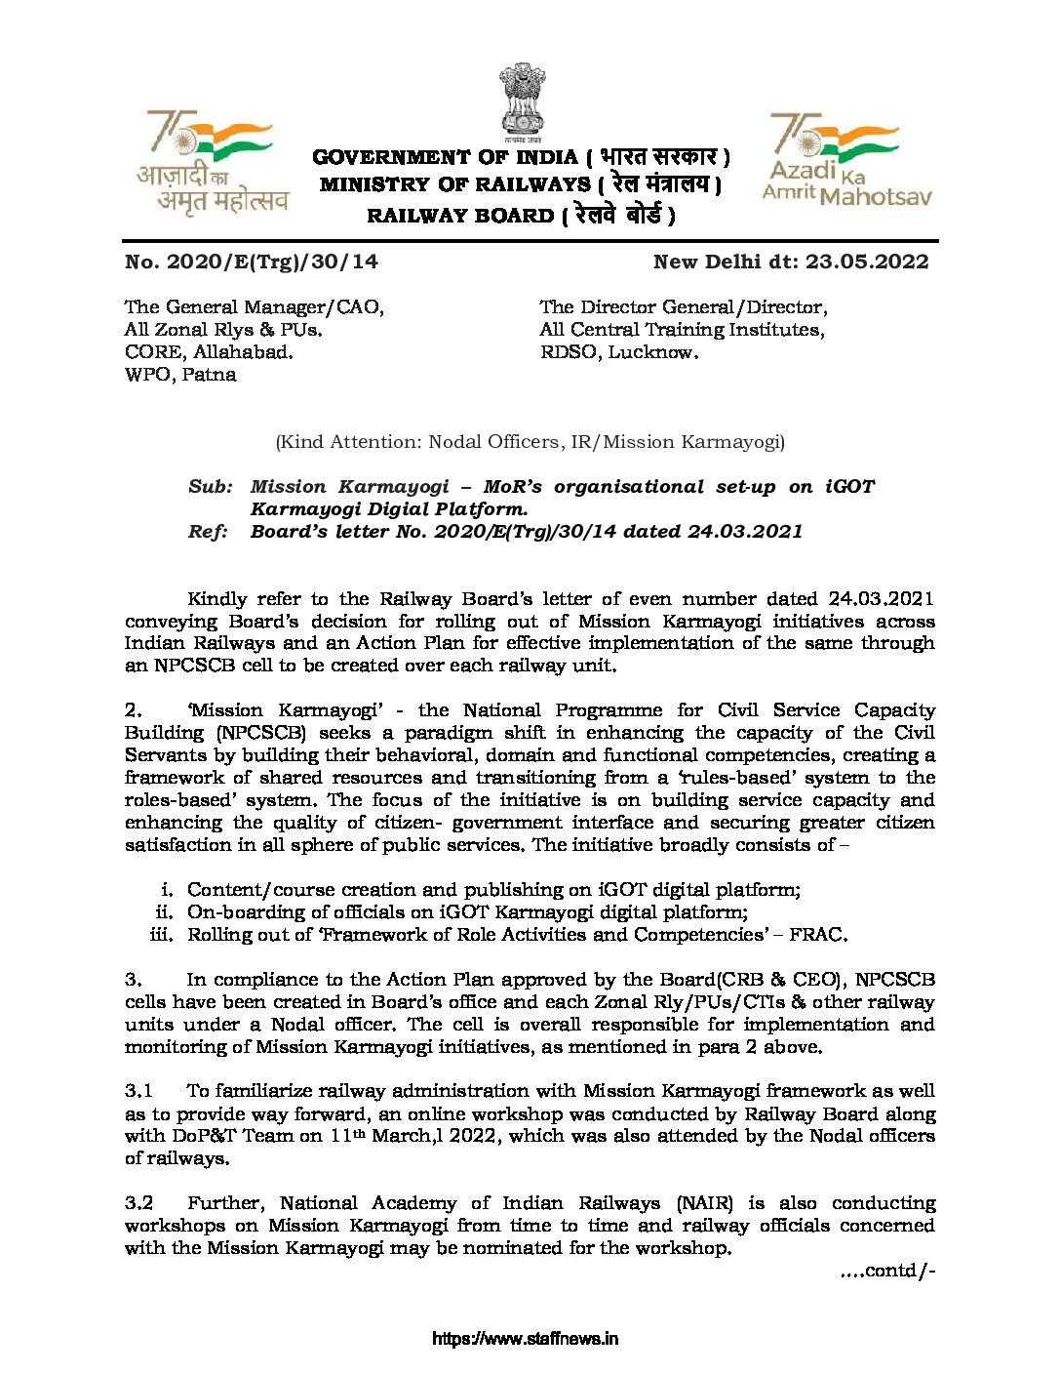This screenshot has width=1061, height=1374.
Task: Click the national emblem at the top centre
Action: pyautogui.click(x=523, y=102)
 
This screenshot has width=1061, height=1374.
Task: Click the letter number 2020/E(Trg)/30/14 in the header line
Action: pyautogui.click(x=272, y=262)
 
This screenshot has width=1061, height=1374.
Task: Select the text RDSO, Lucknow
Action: pyautogui.click(x=619, y=352)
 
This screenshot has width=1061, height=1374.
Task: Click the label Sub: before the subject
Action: pyautogui.click(x=210, y=487)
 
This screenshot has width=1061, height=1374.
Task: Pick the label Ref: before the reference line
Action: pyautogui.click(x=209, y=532)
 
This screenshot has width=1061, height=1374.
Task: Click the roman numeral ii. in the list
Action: pyautogui.click(x=165, y=912)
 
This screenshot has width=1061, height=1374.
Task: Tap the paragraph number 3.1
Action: pyautogui.click(x=138, y=1091)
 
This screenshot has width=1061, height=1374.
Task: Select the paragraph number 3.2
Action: pyautogui.click(x=138, y=1203)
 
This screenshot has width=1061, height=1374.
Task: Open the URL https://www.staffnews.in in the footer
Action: pyautogui.click(x=525, y=1339)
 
